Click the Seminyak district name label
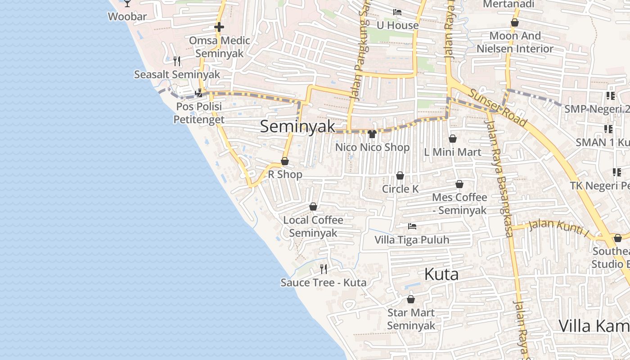298,126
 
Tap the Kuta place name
441,274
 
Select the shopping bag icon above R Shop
285,161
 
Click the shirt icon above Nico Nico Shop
372,134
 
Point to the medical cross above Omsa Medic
219,27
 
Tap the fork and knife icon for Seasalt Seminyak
177,61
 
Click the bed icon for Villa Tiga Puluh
412,226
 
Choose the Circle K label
400,189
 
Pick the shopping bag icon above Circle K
400,175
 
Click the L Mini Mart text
452,152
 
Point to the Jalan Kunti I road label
558,227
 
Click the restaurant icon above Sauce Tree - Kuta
323,269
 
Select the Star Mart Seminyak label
411,319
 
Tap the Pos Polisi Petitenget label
198,113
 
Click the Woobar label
127,17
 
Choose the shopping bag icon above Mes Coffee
459,184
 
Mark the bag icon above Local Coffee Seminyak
313,207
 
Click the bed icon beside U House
397,12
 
